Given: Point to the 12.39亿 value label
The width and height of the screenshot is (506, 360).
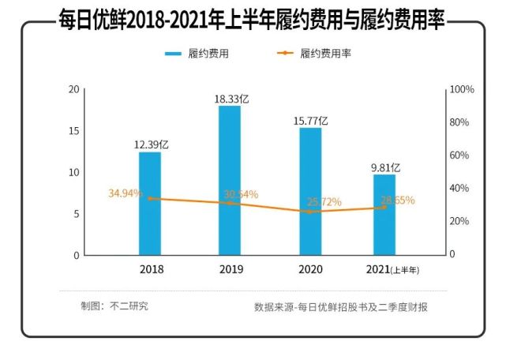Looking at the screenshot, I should point(150,144).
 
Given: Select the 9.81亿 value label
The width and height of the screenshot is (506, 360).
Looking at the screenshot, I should point(386,167).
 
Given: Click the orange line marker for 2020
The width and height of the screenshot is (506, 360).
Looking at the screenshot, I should point(310,212).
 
